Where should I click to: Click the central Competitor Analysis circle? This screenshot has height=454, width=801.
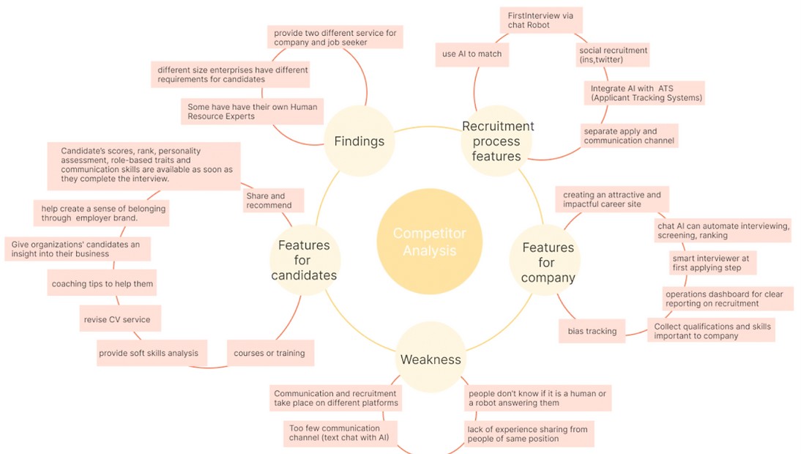pos(429,242)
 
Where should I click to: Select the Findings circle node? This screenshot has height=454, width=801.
pos(359,141)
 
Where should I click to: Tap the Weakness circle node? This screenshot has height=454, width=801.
pos(431,359)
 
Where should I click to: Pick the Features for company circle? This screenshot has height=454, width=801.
pos(548,262)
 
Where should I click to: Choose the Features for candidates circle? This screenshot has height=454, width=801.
pos(304,260)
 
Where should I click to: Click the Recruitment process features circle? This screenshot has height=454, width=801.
pos(498,141)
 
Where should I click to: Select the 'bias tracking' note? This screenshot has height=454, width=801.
pos(592,331)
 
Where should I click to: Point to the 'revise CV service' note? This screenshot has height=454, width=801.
pos(119,319)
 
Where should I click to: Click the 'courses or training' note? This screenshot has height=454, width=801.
pos(269,353)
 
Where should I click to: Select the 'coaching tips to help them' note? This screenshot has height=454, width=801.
pos(103,283)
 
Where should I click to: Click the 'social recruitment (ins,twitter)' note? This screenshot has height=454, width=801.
pos(613,55)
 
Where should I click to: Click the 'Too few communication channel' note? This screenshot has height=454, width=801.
pos(340,433)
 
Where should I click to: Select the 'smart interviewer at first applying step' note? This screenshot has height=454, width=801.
pos(710,263)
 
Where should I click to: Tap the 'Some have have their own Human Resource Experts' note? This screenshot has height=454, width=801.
pos(252,111)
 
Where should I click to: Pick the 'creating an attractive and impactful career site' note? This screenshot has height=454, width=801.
pos(611,199)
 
